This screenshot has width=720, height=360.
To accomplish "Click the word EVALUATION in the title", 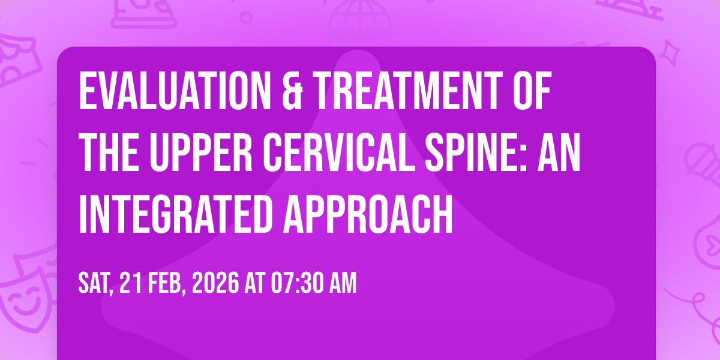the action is [175, 91].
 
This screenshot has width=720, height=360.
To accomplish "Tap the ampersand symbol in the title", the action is [292, 91].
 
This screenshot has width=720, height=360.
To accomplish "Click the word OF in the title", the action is [532, 91].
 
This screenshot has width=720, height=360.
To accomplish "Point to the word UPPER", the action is [201, 152].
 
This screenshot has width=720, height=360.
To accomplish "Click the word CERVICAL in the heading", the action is [339, 152].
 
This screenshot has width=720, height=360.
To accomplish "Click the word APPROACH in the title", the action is [368, 214].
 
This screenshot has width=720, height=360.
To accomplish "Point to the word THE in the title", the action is [109, 152].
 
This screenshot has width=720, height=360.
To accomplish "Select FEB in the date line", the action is [167, 283].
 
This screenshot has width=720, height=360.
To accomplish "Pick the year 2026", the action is [215, 283].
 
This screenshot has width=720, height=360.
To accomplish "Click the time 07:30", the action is [297, 283].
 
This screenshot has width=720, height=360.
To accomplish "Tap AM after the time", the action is [343, 283].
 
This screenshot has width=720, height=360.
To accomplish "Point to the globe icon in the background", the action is [360, 20].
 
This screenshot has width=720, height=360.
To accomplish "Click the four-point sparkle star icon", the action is [670, 53].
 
